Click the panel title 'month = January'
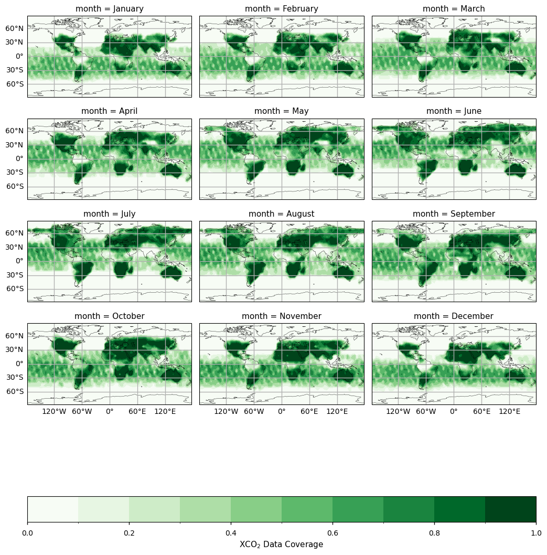109,9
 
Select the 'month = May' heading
282,111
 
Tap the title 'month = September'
454,214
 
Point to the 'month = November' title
282,316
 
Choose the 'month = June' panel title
454,111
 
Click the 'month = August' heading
282,214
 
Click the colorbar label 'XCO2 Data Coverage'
281,545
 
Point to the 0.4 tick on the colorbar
231,533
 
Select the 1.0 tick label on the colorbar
536,533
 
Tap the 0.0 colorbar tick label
27,533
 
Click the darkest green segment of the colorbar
510,509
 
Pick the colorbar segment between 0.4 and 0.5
256,509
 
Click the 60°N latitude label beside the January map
15,28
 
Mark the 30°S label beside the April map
15,173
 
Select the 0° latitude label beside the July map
19,261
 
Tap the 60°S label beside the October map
15,391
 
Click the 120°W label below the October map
54,412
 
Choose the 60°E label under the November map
309,412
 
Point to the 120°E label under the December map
509,412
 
